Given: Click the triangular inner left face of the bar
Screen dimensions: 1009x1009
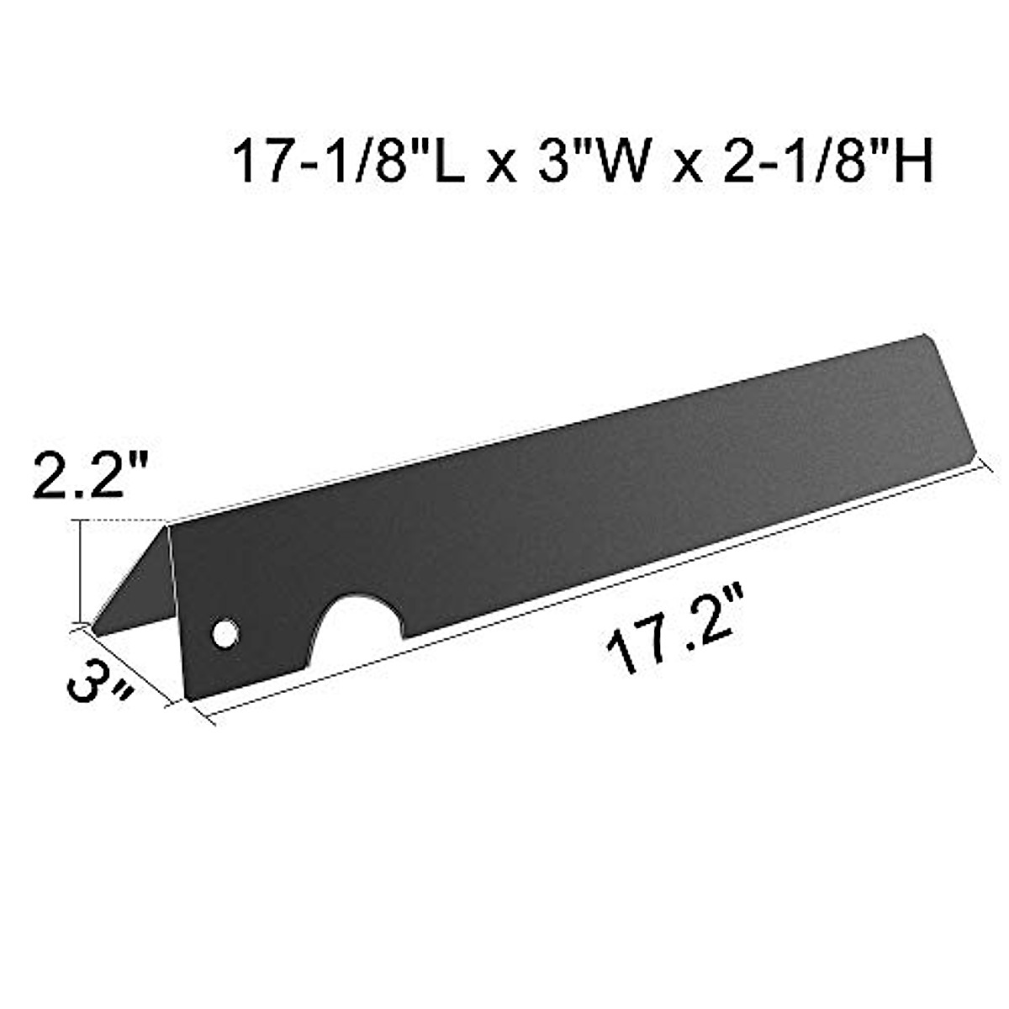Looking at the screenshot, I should (x=143, y=589).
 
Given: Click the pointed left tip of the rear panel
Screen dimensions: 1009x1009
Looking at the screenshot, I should (x=94, y=632).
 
